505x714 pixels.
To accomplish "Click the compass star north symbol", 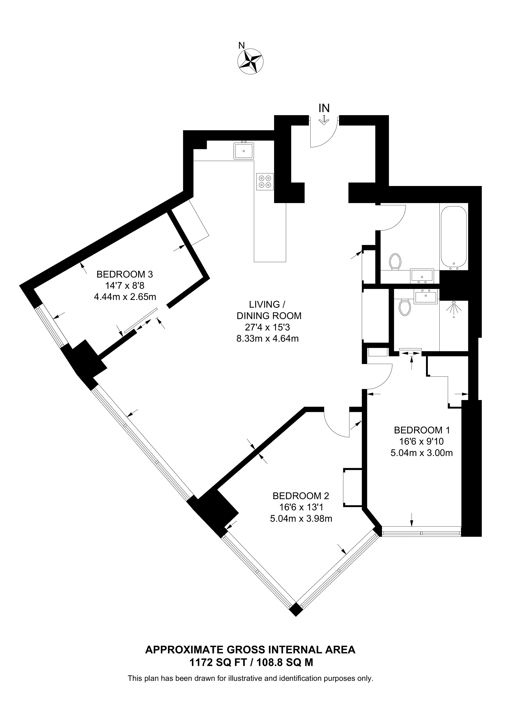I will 250,61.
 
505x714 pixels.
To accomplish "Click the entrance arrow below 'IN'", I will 324,120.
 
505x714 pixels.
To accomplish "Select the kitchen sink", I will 244,151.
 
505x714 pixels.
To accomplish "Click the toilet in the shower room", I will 405,307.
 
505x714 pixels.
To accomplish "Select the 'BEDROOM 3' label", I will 125,274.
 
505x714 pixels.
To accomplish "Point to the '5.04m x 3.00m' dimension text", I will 422,453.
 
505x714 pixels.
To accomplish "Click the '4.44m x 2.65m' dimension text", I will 125,297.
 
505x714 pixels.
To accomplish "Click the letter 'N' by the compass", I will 241,45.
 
